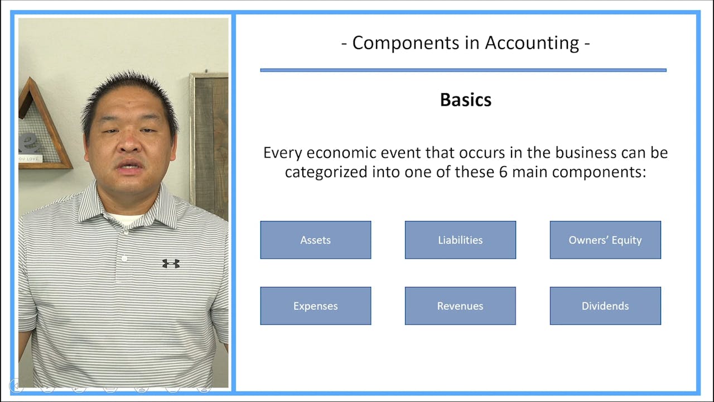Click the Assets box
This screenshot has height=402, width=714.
click(315, 240)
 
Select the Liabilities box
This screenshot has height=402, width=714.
click(460, 240)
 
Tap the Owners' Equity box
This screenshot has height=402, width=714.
click(605, 240)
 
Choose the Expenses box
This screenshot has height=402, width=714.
click(315, 306)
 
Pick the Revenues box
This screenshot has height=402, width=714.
click(460, 306)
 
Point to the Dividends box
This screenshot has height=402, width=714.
click(605, 306)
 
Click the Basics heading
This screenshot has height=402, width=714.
click(465, 100)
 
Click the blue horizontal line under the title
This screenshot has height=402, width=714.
click(463, 70)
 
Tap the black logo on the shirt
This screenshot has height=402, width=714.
click(171, 263)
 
